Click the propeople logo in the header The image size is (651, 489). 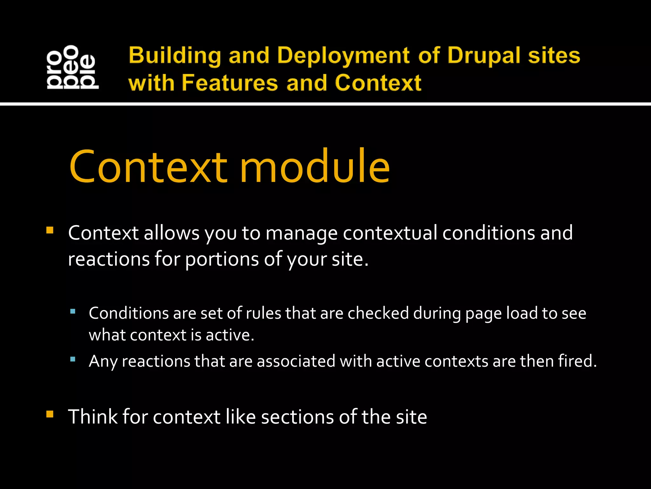[x=72, y=67]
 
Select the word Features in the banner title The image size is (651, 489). [x=230, y=83]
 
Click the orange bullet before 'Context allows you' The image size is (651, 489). [x=50, y=230]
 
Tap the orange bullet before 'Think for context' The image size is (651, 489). [x=50, y=414]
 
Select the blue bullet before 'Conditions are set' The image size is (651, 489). [x=73, y=311]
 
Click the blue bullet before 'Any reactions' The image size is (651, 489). [x=73, y=359]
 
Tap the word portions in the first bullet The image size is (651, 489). [x=222, y=259]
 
